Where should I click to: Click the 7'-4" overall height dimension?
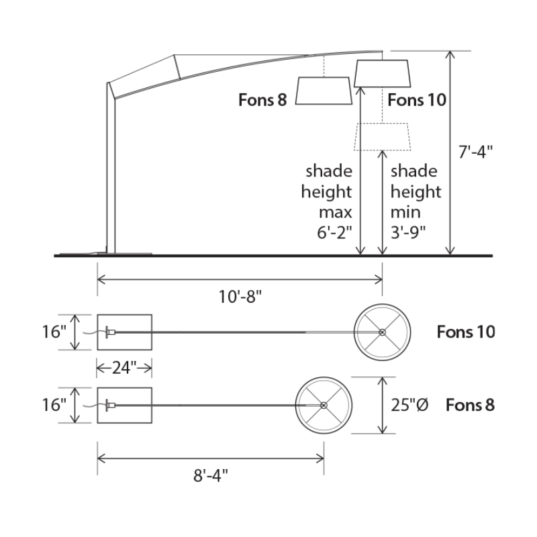point(475,152)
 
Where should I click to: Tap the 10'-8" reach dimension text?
point(240,297)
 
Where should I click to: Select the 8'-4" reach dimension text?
point(211,475)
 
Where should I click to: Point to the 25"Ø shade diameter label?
point(409,405)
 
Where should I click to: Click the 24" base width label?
point(124,368)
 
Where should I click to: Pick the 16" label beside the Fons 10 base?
point(54,332)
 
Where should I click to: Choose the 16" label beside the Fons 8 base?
point(54,405)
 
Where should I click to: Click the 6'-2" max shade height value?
point(334,233)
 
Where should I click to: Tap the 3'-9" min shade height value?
point(408,233)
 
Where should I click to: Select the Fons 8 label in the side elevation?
point(262,100)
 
